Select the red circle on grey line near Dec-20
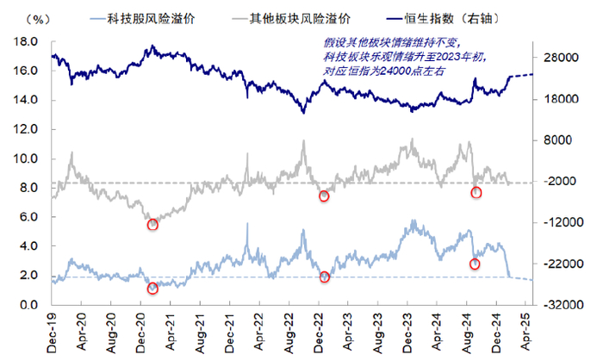tap(153, 225)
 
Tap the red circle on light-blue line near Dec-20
tap(152, 289)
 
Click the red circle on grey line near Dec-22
tap(324, 196)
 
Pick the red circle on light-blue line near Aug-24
tap(475, 264)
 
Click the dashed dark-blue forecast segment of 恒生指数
tap(521, 75)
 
